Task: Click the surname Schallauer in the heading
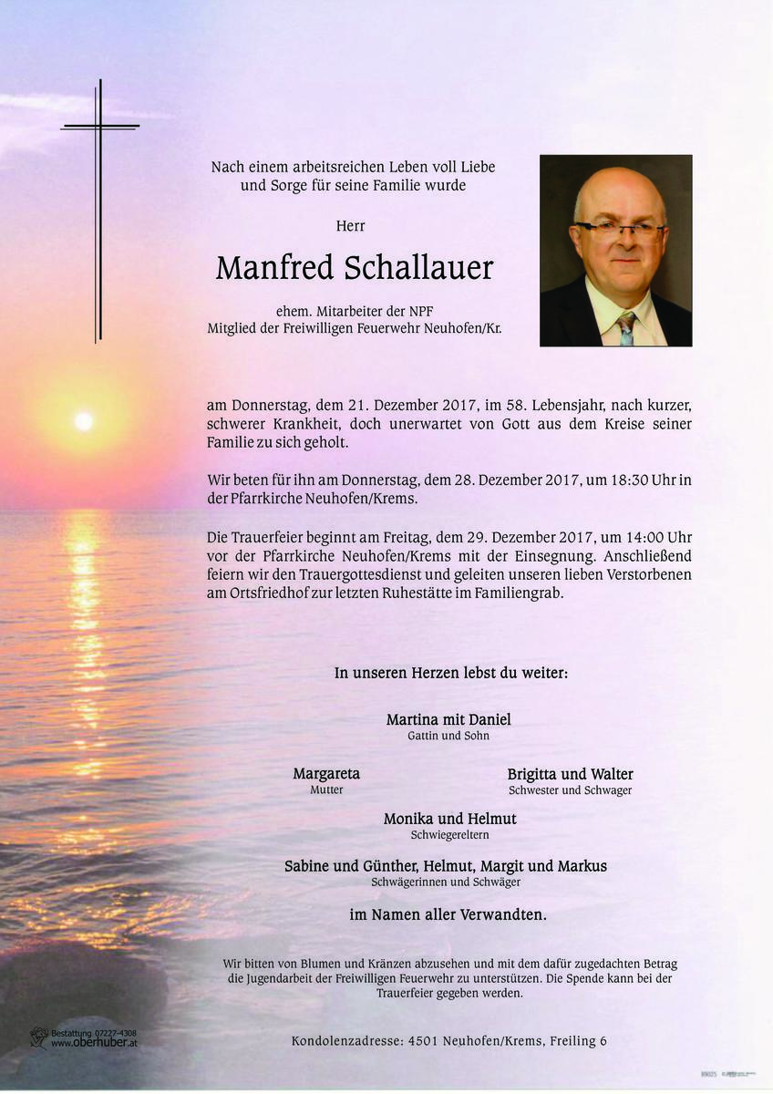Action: pyautogui.click(x=419, y=268)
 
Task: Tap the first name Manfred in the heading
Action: pyautogui.click(x=274, y=268)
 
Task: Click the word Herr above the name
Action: pyautogui.click(x=351, y=225)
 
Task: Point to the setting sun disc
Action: pyautogui.click(x=83, y=420)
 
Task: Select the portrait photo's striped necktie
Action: pyautogui.click(x=626, y=328)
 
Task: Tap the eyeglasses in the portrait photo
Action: pyautogui.click(x=620, y=230)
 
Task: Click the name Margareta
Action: pyautogui.click(x=326, y=774)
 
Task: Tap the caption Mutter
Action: pyautogui.click(x=326, y=790)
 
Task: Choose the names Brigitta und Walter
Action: pyautogui.click(x=570, y=774)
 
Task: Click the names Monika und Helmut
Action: pyautogui.click(x=449, y=819)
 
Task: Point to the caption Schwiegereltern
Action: pyautogui.click(x=449, y=835)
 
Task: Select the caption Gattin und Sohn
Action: pyautogui.click(x=448, y=736)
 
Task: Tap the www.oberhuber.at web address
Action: pyautogui.click(x=94, y=1044)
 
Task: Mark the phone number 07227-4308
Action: pyautogui.click(x=107, y=1033)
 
